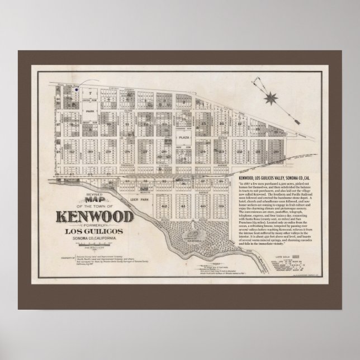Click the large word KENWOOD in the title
pyautogui.click(x=94, y=215)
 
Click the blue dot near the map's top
pyautogui.click(x=77, y=88)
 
